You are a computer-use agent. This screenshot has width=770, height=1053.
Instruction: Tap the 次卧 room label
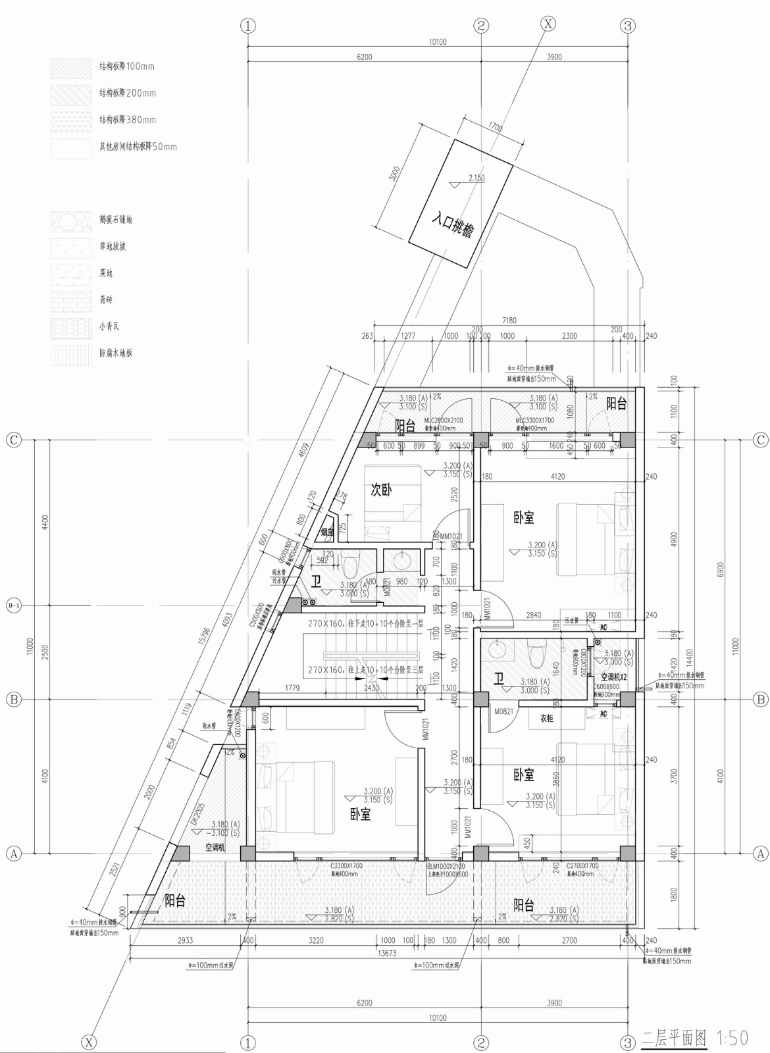pyautogui.click(x=382, y=490)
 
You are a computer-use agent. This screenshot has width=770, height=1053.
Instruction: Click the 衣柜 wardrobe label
pyautogui.click(x=547, y=719)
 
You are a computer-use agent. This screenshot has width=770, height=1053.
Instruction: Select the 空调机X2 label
pyautogui.click(x=613, y=677)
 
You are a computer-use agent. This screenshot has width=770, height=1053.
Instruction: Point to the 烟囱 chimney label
pyautogui.click(x=327, y=532)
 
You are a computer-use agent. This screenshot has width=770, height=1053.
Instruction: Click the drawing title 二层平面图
pyautogui.click(x=674, y=1039)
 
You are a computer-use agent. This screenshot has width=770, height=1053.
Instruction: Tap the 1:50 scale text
pyautogui.click(x=731, y=1039)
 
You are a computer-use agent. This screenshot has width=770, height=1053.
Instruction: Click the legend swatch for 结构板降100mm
pyautogui.click(x=71, y=67)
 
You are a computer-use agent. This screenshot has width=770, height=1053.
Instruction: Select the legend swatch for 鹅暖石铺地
pyautogui.click(x=71, y=220)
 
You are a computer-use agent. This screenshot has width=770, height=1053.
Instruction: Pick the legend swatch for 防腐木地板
pyautogui.click(x=71, y=353)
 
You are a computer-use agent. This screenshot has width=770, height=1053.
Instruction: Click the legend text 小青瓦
pyautogui.click(x=109, y=326)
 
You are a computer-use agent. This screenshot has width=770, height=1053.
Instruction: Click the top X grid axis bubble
pyautogui.click(x=548, y=24)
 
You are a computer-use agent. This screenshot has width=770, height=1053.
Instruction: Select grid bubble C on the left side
pyautogui.click(x=14, y=440)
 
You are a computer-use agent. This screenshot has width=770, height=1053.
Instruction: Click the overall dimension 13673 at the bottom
pyautogui.click(x=387, y=953)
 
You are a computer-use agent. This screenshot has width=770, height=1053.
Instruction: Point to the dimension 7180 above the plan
pyautogui.click(x=509, y=321)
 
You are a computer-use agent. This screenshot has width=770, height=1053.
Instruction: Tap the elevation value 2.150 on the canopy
pyautogui.click(x=476, y=178)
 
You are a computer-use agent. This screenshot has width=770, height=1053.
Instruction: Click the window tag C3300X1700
pyautogui.click(x=346, y=866)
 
